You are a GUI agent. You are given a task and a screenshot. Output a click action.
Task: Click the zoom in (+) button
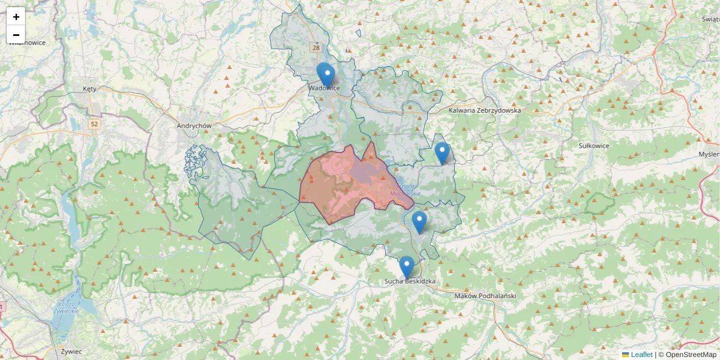(x=16, y=17)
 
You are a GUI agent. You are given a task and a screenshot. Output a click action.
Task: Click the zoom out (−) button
(x=16, y=35)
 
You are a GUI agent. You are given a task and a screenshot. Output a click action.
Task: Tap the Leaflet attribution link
(x=641, y=355)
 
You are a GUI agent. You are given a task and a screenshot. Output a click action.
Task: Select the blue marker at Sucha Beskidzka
(x=407, y=267)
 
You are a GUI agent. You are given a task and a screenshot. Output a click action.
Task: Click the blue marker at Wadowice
(x=326, y=76)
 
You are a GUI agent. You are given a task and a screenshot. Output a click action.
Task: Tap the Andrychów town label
(x=195, y=126)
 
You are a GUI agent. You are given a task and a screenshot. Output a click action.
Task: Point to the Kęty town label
(x=89, y=89)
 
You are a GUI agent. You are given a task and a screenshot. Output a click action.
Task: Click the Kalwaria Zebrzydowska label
(x=485, y=110)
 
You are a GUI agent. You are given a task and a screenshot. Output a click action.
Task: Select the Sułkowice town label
(x=594, y=145)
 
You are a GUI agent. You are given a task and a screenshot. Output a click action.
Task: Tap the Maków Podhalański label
(x=485, y=296)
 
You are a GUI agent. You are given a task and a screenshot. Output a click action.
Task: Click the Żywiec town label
(x=71, y=351)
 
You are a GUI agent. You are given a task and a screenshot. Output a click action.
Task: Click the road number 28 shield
(x=316, y=47)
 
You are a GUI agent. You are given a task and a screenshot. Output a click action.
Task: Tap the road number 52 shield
(x=94, y=124)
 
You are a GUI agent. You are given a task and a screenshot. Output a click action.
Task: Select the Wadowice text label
(x=324, y=88)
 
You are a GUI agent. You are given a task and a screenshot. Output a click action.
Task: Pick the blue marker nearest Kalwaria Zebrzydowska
(x=442, y=153)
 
